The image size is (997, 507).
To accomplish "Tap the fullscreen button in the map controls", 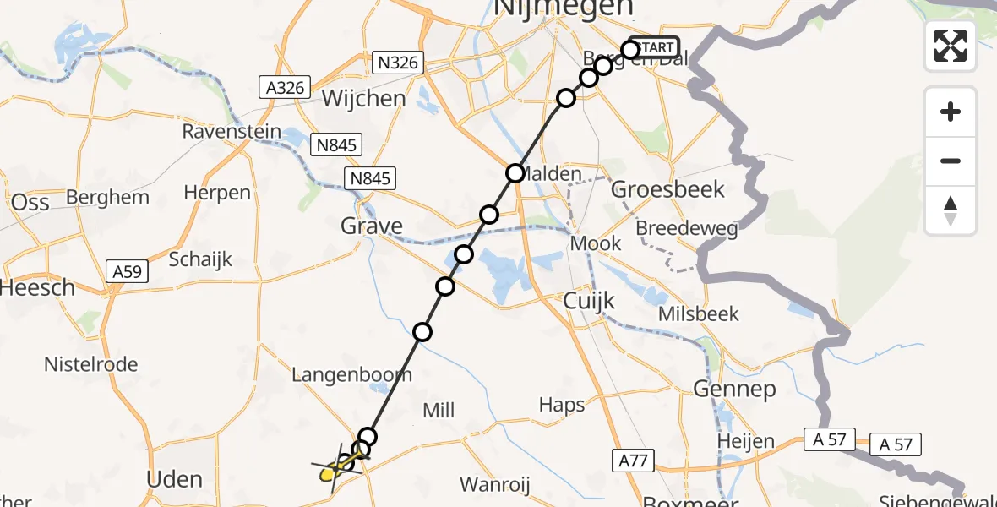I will [x=951, y=46].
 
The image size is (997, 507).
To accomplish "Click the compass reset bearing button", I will [x=951, y=210].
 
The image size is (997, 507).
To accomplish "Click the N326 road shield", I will [x=397, y=63].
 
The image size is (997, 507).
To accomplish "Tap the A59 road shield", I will [x=128, y=271].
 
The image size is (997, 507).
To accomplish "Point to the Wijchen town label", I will [x=363, y=99].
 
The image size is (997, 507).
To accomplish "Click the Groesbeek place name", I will [x=667, y=188].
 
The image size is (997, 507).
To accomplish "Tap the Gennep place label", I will [x=722, y=389].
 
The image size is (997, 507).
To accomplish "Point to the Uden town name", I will [x=175, y=479].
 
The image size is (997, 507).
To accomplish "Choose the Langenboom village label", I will [x=351, y=374].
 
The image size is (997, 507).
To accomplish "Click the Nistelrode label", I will [x=91, y=365].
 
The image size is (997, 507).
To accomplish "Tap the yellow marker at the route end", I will [x=329, y=473].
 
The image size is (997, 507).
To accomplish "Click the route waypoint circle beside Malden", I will [x=515, y=173].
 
